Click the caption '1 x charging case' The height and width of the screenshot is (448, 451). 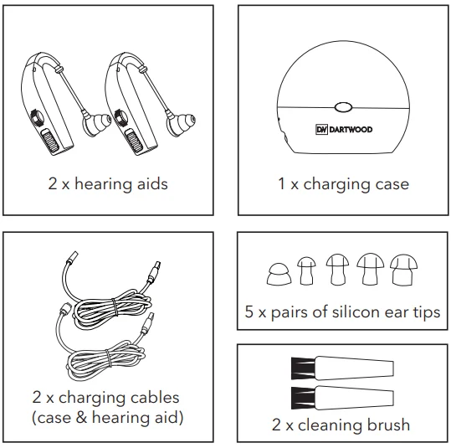pos(343,183)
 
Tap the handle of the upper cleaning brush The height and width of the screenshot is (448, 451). pos(351,368)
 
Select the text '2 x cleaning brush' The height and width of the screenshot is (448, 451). pos(341,425)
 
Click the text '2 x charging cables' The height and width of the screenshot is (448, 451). pos(107,397)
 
